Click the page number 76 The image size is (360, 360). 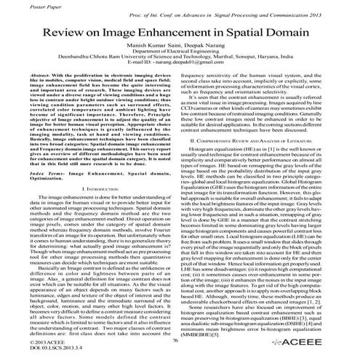175,339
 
